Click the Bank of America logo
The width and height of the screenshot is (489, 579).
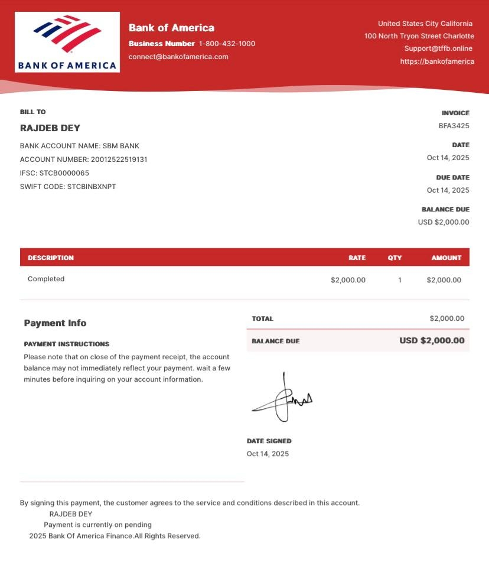pos(67,42)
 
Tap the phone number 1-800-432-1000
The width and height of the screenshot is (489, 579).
pos(227,44)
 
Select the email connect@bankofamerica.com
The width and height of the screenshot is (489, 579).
pos(178,57)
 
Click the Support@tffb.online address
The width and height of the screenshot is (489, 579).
pos(438,48)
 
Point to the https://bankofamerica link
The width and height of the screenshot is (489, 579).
pos(437,61)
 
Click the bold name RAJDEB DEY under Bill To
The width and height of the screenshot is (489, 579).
pos(50,128)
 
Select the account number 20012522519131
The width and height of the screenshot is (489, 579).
pos(119,160)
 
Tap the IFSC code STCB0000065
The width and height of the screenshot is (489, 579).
pos(64,173)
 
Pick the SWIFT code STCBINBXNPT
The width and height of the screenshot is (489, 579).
pos(92,187)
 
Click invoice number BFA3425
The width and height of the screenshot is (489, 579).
pos(454,126)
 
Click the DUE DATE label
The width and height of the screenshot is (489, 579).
pos(452,177)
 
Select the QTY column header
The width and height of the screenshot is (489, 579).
pos(395,258)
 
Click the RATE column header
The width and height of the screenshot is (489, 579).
pos(357,258)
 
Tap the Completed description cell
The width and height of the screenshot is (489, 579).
pos(46,279)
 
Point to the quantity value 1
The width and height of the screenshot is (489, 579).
pos(400,280)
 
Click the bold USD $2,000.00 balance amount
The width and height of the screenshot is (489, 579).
pos(432,340)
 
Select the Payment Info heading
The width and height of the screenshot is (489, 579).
pos(55,323)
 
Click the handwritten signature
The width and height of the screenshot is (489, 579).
pos(282,399)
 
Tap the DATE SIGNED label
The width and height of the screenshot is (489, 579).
pos(269,441)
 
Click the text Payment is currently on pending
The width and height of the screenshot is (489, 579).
pos(97,525)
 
